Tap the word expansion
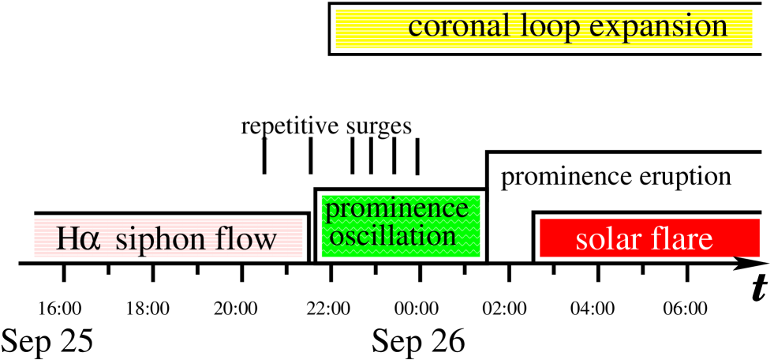[658, 27]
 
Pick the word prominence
[397, 209]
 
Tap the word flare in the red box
[682, 238]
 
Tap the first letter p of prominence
[333, 212]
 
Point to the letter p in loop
[571, 30]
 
